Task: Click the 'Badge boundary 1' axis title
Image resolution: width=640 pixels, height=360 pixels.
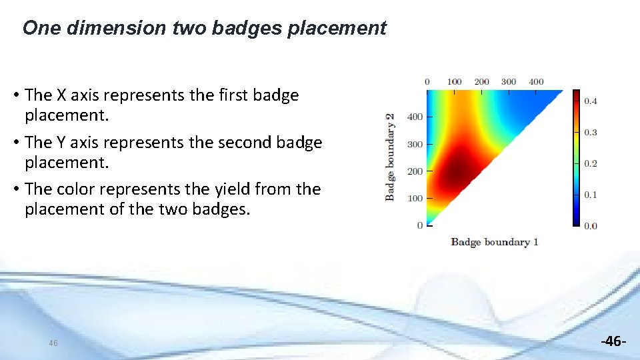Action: pyautogui.click(x=494, y=242)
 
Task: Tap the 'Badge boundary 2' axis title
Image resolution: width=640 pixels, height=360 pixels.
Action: pyautogui.click(x=390, y=157)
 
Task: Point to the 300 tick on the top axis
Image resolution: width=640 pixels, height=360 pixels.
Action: pyautogui.click(x=509, y=82)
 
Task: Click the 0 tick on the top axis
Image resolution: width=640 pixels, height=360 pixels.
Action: pyautogui.click(x=427, y=82)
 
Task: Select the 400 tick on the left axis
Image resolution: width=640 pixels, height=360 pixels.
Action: pyautogui.click(x=415, y=117)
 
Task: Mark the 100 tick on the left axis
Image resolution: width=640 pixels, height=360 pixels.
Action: pyautogui.click(x=415, y=199)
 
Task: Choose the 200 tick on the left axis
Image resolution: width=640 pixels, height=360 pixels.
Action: pyautogui.click(x=415, y=171)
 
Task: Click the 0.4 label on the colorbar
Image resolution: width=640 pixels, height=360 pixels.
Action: pyautogui.click(x=591, y=101)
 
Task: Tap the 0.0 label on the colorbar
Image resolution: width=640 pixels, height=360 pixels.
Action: pyautogui.click(x=591, y=226)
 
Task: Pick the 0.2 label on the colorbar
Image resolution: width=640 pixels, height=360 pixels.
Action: pyautogui.click(x=591, y=163)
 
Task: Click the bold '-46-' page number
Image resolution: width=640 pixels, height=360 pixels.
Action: pyautogui.click(x=613, y=341)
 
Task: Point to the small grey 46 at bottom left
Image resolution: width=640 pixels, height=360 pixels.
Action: pyautogui.click(x=53, y=343)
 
